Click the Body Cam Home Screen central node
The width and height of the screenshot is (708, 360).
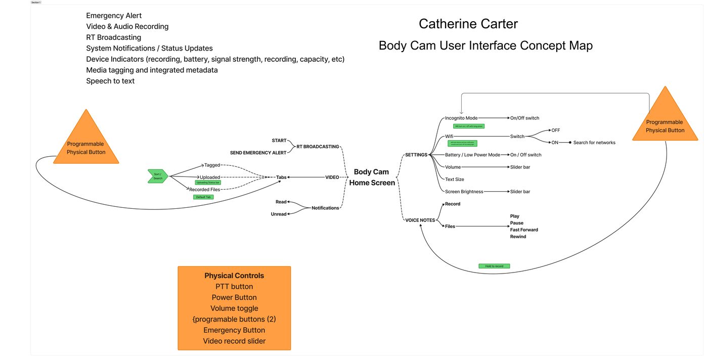(x=372, y=177)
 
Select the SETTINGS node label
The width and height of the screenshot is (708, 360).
(x=416, y=155)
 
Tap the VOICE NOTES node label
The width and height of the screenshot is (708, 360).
(x=420, y=220)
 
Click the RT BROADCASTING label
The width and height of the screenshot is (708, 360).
(x=318, y=147)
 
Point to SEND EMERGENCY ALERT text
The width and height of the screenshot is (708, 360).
(x=258, y=152)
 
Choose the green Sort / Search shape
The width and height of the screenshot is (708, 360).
(x=158, y=176)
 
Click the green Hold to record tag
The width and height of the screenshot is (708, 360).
(x=494, y=266)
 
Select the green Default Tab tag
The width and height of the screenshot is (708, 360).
(x=203, y=197)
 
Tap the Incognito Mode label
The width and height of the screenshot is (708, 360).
(x=461, y=118)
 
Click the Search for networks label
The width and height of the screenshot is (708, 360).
(x=594, y=143)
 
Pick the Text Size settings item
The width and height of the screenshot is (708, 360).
(x=454, y=179)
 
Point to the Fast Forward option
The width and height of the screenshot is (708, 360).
(x=524, y=230)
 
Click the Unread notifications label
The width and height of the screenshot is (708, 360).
(x=279, y=214)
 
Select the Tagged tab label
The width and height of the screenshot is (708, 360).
(x=212, y=165)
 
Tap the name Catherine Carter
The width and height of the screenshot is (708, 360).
(x=468, y=24)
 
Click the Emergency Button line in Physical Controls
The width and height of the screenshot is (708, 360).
(x=234, y=330)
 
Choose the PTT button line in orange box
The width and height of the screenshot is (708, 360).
(x=234, y=287)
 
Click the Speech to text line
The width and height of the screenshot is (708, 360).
(x=110, y=81)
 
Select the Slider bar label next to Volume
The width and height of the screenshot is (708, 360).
(x=520, y=167)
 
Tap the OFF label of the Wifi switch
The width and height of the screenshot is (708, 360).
(x=555, y=130)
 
